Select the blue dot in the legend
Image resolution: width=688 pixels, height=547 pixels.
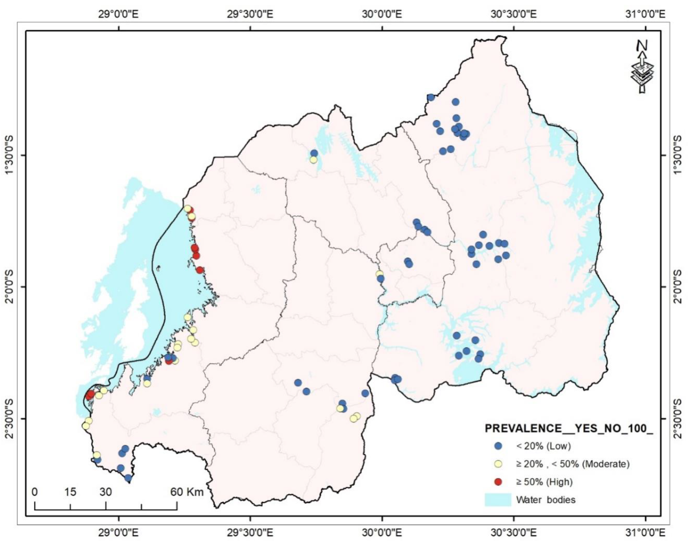pos(500,446)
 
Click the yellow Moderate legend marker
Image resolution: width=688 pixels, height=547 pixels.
pos(500,464)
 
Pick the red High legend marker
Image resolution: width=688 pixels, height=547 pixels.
pos(500,482)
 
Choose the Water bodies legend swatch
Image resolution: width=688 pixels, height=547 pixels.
pos(498,499)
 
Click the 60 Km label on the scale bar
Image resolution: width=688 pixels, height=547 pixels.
pos(187,492)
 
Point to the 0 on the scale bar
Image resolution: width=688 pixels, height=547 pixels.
pos(35,492)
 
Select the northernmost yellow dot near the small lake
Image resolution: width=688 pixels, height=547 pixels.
pos(313,160)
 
